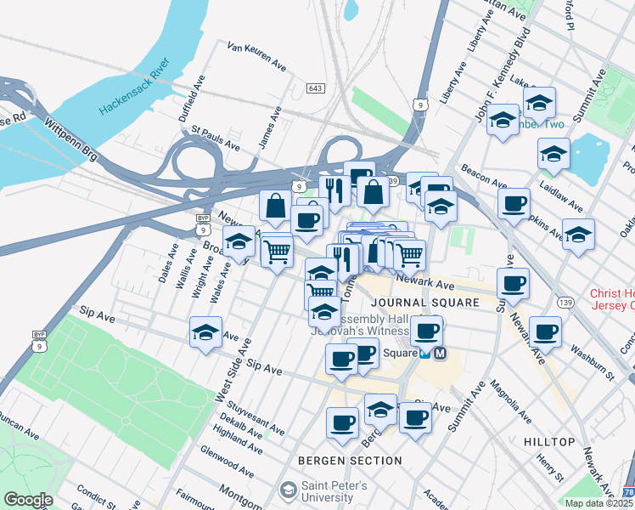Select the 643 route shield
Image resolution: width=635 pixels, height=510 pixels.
pos(315,88)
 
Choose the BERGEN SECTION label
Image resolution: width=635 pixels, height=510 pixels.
pos(350,461)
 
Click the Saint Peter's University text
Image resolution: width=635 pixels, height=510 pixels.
pos(334,492)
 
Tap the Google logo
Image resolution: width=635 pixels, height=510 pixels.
pos(27,500)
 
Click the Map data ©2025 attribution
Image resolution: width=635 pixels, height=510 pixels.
pos(598,503)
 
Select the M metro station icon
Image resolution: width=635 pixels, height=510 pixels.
pos(441,354)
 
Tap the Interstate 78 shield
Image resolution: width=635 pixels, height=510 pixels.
pos(627,492)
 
